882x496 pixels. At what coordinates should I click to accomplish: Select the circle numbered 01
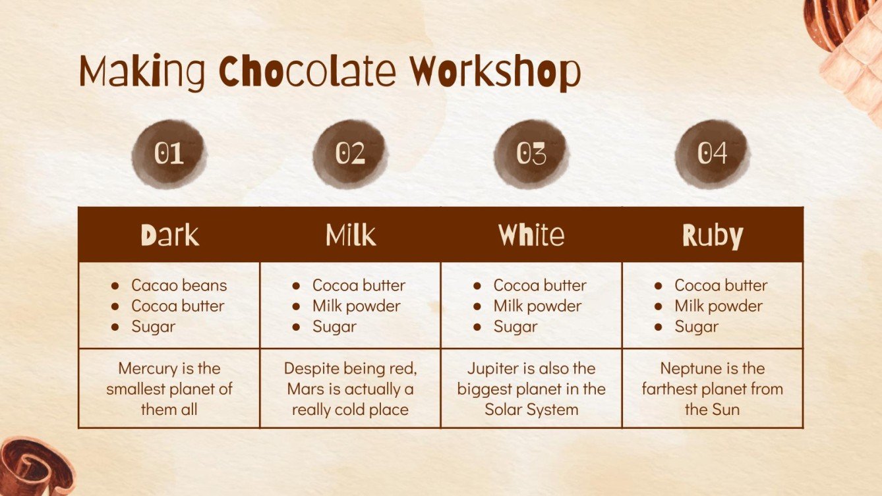point(169,154)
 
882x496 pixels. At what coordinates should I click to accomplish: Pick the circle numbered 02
point(350,154)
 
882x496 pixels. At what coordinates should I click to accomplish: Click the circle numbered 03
point(531,154)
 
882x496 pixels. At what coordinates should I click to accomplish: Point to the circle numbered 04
point(712,154)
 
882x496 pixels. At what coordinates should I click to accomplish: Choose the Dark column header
point(169,235)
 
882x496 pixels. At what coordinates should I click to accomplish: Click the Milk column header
point(350,235)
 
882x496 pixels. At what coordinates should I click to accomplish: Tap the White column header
point(531,235)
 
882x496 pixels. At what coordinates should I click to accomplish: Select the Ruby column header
point(712,235)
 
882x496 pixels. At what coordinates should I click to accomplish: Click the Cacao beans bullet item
point(179,285)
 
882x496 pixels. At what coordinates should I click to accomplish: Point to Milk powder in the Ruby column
point(718,306)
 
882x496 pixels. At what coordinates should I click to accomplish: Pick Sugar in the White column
point(515,326)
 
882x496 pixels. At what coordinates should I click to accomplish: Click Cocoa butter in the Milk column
point(359,285)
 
